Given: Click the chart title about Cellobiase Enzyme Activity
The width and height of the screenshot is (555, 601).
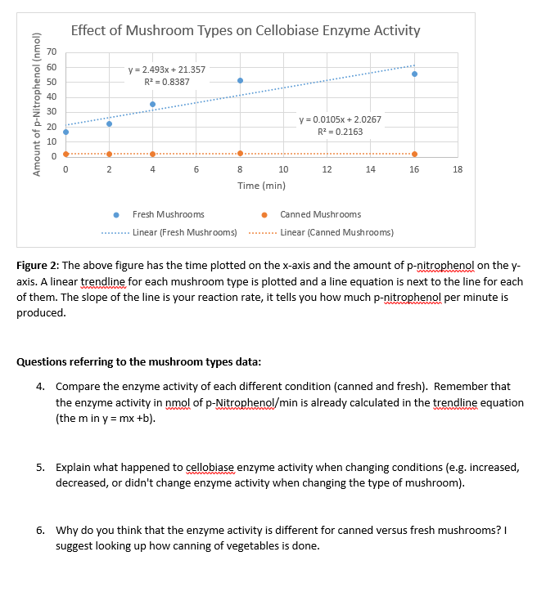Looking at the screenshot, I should click(246, 31).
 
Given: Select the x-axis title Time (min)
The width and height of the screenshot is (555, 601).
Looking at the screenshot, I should click(261, 186).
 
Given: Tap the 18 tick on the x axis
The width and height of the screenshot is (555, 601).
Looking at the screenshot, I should click(457, 169).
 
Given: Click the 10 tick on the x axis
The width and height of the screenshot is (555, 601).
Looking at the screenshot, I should click(282, 169).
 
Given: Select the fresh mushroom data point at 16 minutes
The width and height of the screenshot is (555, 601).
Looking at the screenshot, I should click(414, 74).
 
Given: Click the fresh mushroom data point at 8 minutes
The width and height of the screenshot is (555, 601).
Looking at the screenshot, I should click(240, 80).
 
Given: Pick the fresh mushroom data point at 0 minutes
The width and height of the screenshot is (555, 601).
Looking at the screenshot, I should click(65, 132).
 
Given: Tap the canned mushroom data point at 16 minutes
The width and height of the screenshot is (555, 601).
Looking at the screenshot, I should click(414, 154).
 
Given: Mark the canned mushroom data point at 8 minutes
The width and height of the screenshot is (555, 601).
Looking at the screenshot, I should click(240, 153).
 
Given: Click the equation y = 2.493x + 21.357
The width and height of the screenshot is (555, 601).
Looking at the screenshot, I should click(167, 70).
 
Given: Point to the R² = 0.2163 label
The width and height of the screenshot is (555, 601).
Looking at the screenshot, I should click(340, 132).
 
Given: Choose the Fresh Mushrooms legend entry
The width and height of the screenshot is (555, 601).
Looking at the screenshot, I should click(168, 214).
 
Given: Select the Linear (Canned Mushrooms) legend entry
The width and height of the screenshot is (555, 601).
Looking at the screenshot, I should click(336, 232).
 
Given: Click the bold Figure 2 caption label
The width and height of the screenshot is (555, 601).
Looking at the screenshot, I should click(38, 266).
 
